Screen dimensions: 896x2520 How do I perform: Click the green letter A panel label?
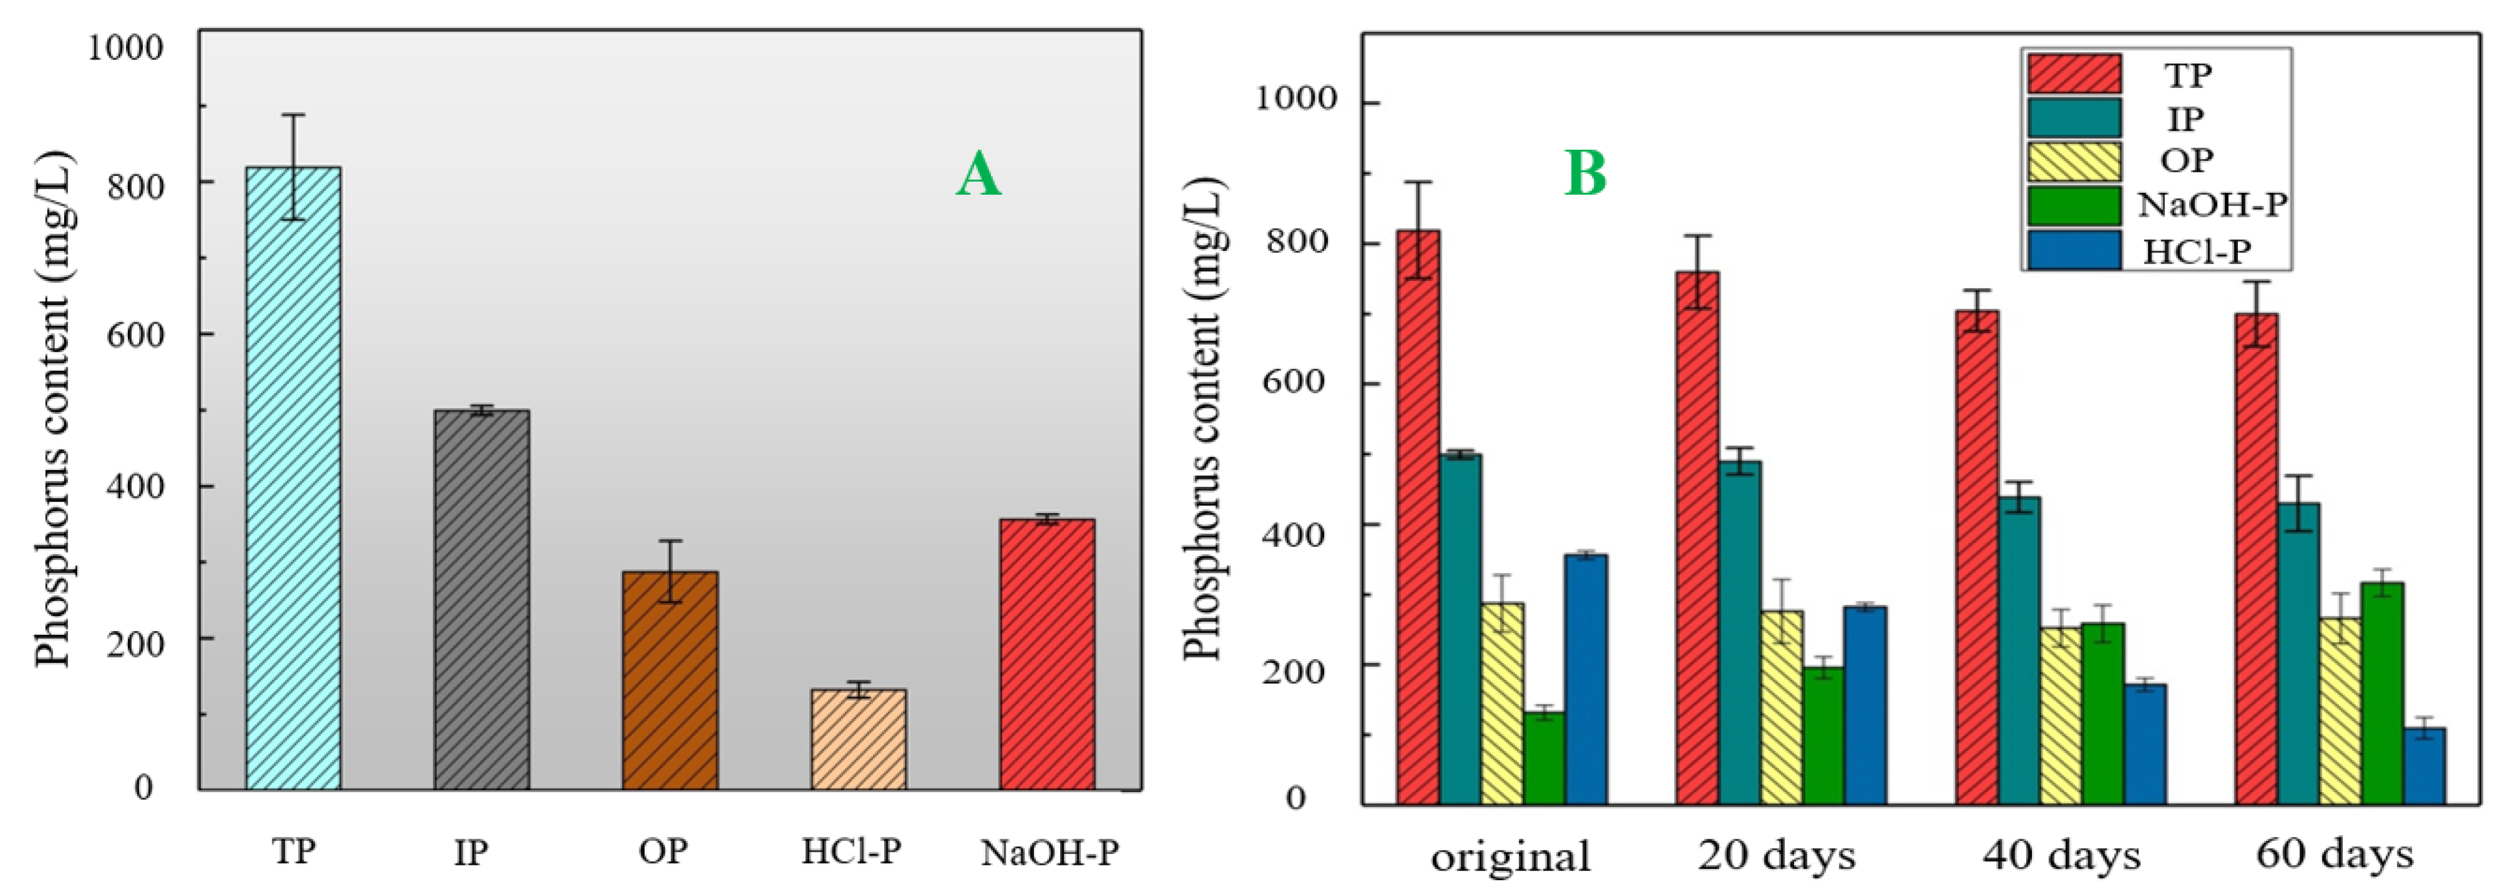(978, 175)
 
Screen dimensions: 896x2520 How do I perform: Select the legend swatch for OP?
(2074, 161)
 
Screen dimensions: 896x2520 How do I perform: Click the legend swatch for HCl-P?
(2074, 250)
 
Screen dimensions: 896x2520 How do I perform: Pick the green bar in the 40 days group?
(2102, 713)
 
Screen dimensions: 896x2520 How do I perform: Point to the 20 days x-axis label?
(1775, 855)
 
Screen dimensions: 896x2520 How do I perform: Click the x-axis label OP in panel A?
(663, 851)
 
